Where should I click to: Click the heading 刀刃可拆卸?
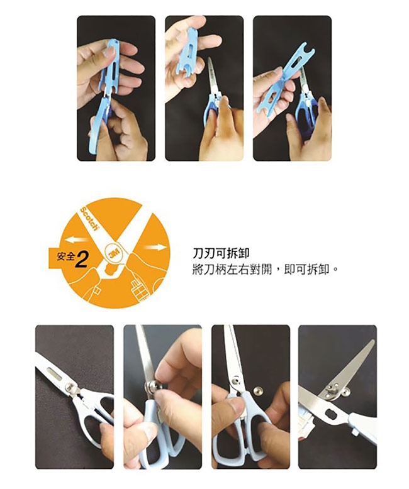[x=221, y=253]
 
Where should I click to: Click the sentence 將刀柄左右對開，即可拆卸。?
[x=265, y=269]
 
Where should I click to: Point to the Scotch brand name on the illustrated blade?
[x=89, y=219]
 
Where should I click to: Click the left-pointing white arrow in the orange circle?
[x=77, y=240]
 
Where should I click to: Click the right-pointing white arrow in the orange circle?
[x=155, y=248]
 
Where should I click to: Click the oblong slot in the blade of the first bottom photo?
[x=56, y=372]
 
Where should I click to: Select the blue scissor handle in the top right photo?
[x=306, y=113]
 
